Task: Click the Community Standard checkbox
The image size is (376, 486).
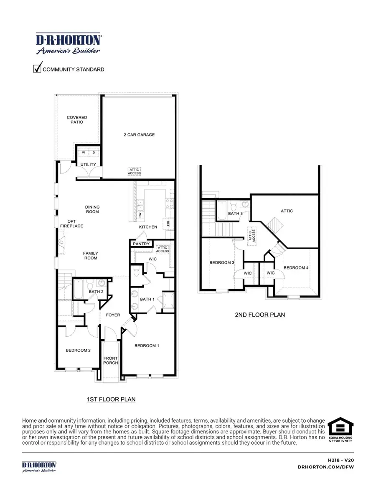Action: pyautogui.click(x=38, y=68)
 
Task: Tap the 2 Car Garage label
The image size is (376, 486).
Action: pyautogui.click(x=139, y=135)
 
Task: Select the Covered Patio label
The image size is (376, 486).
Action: pyautogui.click(x=77, y=120)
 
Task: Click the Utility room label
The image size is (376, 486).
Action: pyautogui.click(x=88, y=164)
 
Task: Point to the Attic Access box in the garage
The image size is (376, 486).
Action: pyautogui.click(x=135, y=171)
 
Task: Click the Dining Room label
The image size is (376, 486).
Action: pyautogui.click(x=92, y=209)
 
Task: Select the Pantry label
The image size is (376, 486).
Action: pyautogui.click(x=141, y=244)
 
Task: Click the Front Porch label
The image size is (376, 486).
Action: pyautogui.click(x=111, y=360)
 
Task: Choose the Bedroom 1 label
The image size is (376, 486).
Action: pyautogui.click(x=147, y=346)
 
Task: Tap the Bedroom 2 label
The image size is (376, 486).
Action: pyautogui.click(x=78, y=350)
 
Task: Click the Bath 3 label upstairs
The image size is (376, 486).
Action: pyautogui.click(x=235, y=214)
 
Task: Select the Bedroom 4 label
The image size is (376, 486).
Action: pyautogui.click(x=296, y=267)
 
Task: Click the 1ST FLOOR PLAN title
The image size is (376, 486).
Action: pyautogui.click(x=111, y=399)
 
